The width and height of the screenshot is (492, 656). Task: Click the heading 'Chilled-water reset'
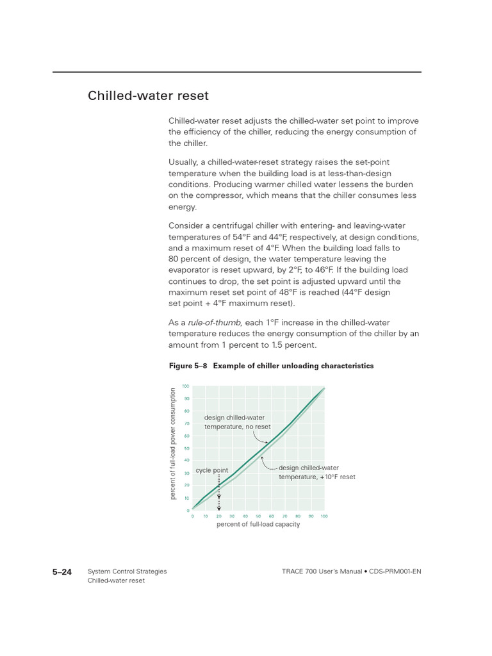point(148,96)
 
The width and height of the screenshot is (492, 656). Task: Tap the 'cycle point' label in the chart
point(212,470)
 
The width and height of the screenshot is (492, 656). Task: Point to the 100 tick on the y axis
point(186,386)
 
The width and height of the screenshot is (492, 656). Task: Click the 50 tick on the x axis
point(258,516)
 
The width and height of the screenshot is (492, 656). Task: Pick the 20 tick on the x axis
point(219,516)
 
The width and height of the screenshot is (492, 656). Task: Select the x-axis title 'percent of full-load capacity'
point(258,525)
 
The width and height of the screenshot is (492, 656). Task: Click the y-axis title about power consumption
point(173,444)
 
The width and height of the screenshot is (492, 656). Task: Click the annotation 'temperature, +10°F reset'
point(316,477)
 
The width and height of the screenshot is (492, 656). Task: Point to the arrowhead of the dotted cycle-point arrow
point(219,508)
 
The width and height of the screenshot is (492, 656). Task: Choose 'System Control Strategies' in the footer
point(127,571)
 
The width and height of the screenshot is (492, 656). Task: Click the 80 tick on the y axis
point(186,411)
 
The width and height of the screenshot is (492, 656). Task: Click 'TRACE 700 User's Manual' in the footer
point(319,571)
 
